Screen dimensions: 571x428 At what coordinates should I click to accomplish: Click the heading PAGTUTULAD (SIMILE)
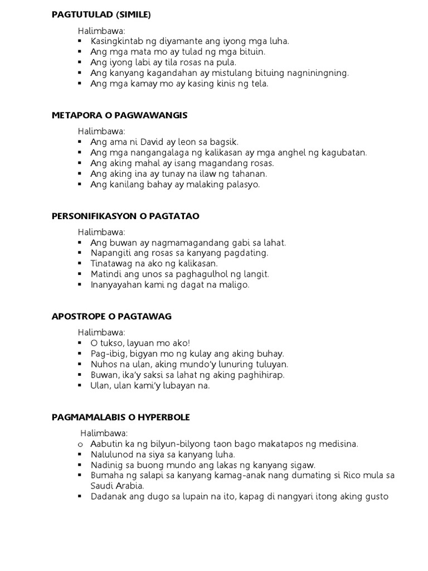[101, 14]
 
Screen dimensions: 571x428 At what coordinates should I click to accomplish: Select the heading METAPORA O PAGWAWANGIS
[119, 115]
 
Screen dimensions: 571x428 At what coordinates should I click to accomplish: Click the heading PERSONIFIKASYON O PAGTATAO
[125, 216]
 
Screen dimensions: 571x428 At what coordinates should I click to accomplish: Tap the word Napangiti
[112, 253]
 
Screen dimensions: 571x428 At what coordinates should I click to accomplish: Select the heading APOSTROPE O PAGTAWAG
[111, 316]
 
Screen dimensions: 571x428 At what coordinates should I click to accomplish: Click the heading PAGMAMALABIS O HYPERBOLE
[120, 417]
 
